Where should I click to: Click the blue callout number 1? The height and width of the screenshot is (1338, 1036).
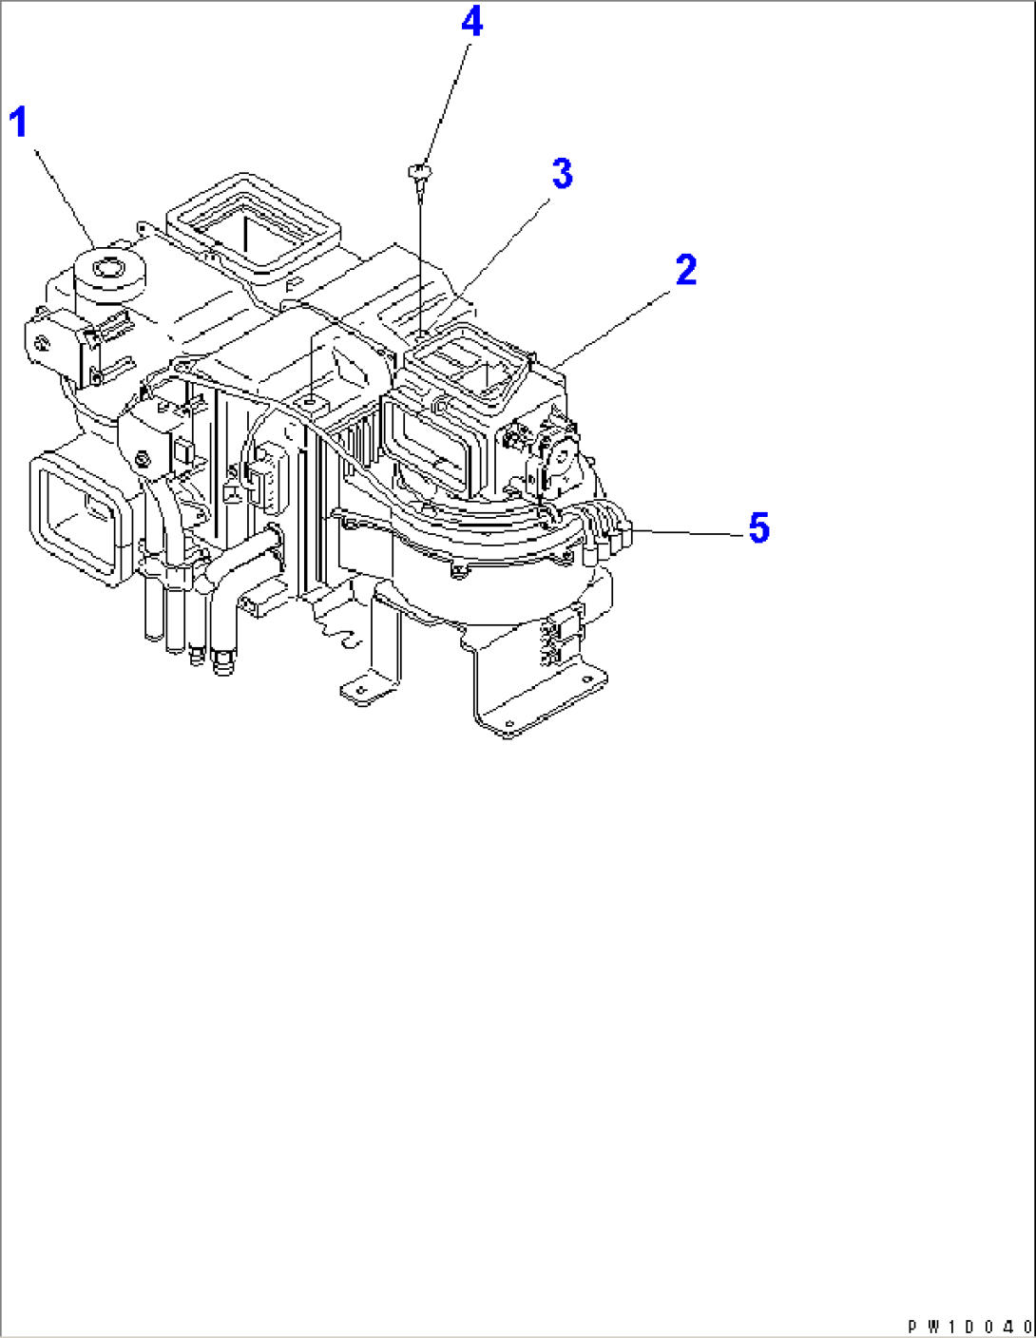(19, 122)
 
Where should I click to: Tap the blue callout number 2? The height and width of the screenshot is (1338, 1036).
(685, 269)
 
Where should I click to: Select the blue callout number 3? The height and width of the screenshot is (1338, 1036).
(562, 173)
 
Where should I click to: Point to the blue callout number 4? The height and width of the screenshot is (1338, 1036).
(472, 23)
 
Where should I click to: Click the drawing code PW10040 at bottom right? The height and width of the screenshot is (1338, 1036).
(969, 1326)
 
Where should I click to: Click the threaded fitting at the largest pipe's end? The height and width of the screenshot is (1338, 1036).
(222, 663)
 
